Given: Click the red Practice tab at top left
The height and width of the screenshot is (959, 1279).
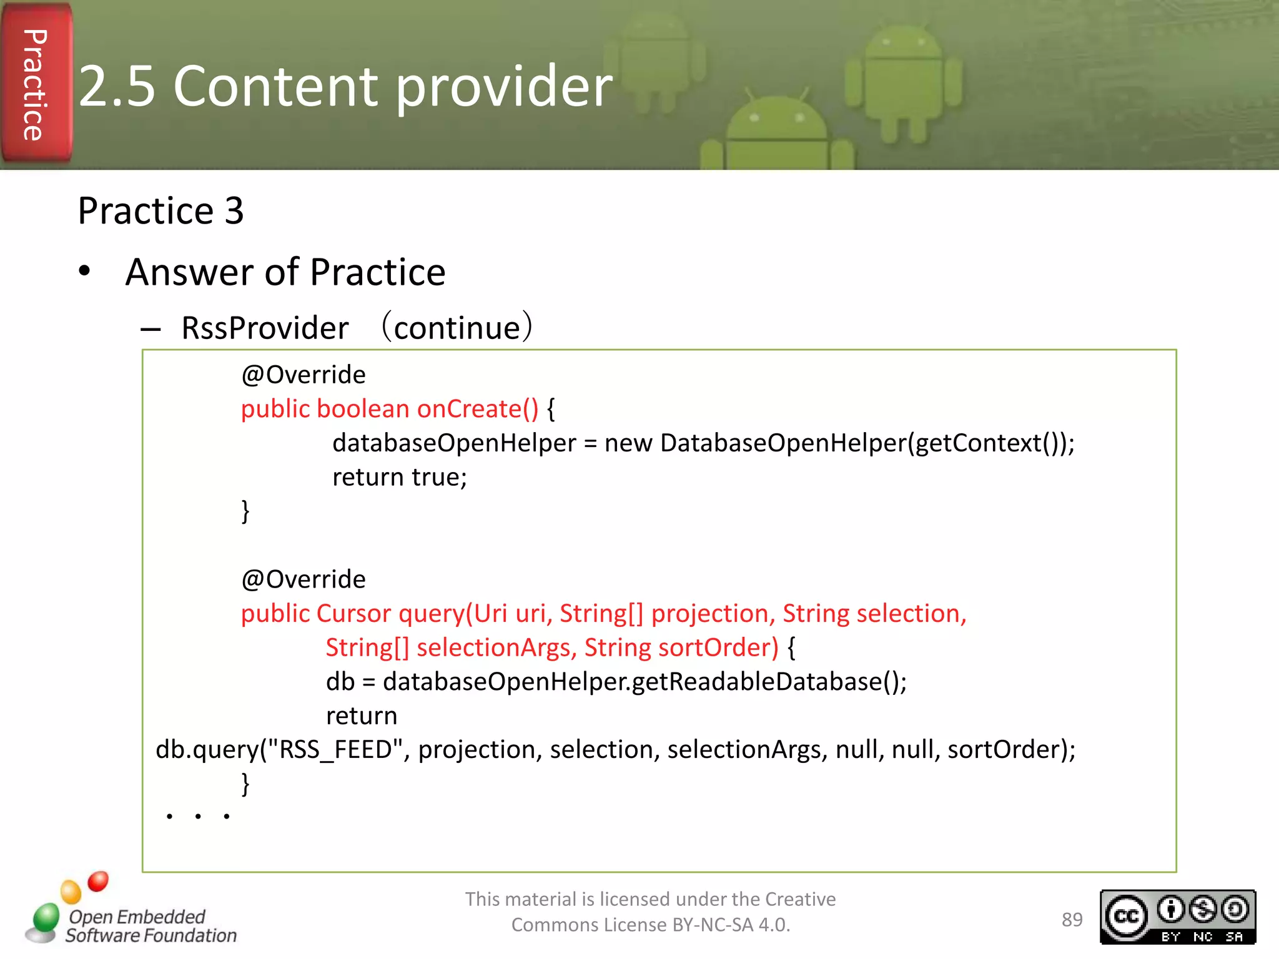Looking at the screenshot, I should coord(36,84).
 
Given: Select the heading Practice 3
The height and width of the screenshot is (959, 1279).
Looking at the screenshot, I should coord(160,210).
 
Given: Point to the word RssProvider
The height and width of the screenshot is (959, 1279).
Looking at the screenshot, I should coord(265,328).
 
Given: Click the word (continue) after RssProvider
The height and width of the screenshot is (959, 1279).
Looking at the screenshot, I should coord(458,328).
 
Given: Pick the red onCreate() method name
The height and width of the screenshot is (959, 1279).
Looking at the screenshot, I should coord(477,409).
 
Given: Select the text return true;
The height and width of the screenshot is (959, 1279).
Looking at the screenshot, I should coord(400,477).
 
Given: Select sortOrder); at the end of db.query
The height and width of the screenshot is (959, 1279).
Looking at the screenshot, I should coord(1011,749).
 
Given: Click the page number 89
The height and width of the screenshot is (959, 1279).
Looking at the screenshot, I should coord(1072,920).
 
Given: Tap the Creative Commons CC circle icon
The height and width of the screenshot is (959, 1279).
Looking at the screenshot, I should coord(1127,916).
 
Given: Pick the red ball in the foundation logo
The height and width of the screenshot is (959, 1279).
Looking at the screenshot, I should coord(98,881).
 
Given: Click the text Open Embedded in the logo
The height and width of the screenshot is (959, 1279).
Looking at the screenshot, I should coord(137,917).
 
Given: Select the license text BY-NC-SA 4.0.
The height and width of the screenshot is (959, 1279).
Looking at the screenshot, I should coord(731,925).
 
